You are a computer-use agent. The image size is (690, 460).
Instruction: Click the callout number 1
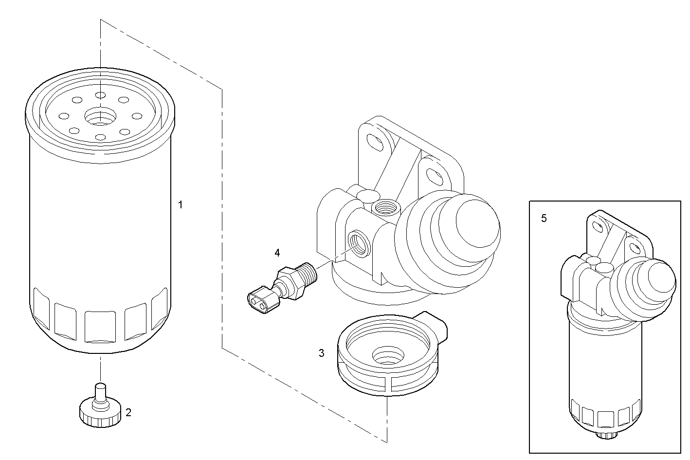click(x=181, y=205)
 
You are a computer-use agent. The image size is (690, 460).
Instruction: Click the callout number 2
click(x=128, y=413)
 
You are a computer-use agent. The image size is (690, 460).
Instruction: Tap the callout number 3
click(x=322, y=353)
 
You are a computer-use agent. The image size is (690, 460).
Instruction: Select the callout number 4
click(x=277, y=252)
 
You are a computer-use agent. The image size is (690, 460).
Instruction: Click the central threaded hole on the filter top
click(x=99, y=116)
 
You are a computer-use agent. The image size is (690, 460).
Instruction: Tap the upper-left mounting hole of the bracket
click(x=376, y=141)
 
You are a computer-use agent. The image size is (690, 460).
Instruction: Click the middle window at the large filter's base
click(x=99, y=327)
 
